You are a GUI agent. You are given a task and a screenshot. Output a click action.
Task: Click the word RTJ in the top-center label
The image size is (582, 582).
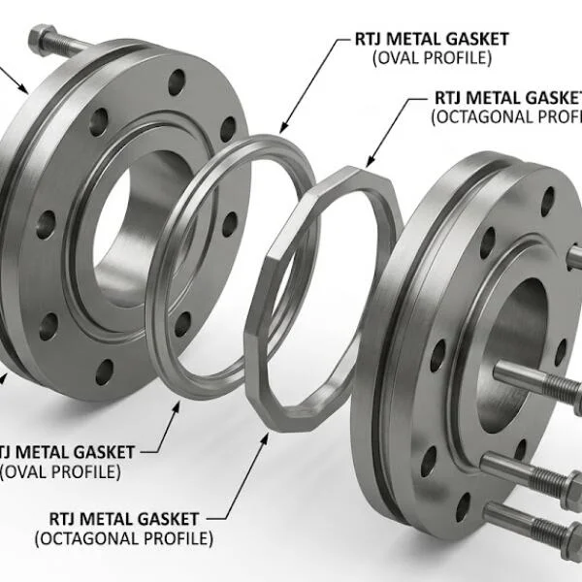[x=359, y=40]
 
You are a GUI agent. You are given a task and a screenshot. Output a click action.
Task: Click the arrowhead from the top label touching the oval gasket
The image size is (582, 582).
[x=282, y=129]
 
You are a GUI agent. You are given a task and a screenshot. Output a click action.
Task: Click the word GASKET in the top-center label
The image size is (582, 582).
[x=475, y=40]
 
